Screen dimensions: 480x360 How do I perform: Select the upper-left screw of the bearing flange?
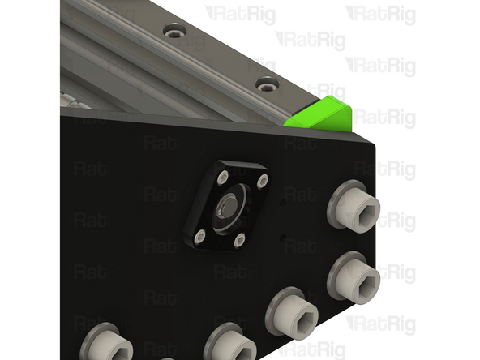[x=223, y=178]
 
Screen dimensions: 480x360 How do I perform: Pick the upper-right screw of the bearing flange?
[x=263, y=181]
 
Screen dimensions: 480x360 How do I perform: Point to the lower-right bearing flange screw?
[x=239, y=239]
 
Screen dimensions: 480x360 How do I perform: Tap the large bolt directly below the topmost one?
[x=354, y=278]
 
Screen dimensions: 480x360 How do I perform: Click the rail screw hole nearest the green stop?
[x=268, y=84]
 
